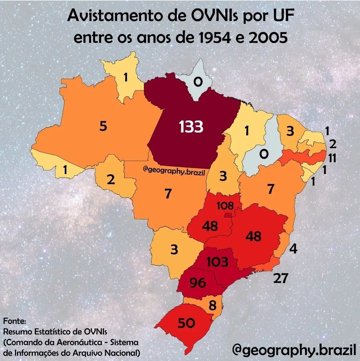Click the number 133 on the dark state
click(191, 127)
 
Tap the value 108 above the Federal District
click(225, 205)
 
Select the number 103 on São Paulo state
click(217, 262)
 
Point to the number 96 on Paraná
click(198, 283)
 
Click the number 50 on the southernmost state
click(186, 323)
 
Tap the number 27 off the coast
click(280, 278)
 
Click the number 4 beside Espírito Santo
click(293, 249)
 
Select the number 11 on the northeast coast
click(332, 158)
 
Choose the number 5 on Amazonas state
click(103, 126)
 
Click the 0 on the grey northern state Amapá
click(198, 82)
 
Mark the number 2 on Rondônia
click(111, 180)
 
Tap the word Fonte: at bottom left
click(14, 321)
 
